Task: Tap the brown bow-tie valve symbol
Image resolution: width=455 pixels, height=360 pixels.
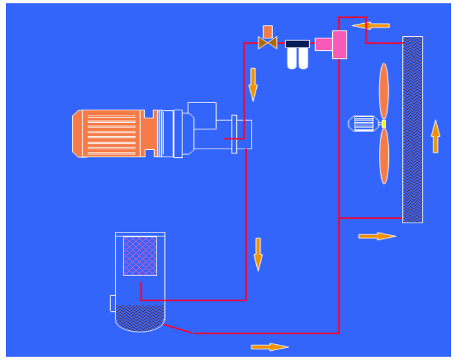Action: [x=267, y=44]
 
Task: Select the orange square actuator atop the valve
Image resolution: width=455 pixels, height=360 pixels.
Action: [x=267, y=31]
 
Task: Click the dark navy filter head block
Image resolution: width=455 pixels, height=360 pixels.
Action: [x=297, y=44]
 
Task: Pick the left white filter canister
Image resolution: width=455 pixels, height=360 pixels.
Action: [x=292, y=59]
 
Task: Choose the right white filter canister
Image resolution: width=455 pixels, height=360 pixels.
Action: [x=303, y=59]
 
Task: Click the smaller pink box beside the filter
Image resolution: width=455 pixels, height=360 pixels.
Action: [x=323, y=44]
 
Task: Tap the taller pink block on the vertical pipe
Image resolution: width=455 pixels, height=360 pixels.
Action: [x=339, y=44]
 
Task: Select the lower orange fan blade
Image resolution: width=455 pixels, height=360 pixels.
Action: [x=384, y=156]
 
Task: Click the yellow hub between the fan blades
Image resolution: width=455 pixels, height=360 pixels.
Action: [x=383, y=124]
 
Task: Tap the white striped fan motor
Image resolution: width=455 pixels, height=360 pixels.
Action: [x=363, y=124]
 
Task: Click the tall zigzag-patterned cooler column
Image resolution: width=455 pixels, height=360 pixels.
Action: [x=413, y=129]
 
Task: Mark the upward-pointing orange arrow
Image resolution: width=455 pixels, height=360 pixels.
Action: [x=435, y=136]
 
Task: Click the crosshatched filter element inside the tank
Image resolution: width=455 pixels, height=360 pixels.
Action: [x=140, y=256]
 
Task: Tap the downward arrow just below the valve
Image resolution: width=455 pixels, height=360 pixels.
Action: [x=253, y=83]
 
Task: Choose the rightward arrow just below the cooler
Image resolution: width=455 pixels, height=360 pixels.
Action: [x=377, y=236]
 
